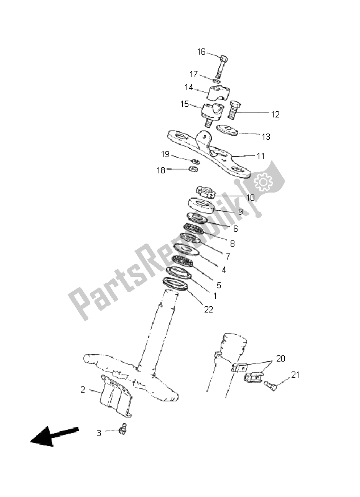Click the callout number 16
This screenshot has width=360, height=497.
click(201, 52)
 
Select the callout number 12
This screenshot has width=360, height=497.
click(275, 114)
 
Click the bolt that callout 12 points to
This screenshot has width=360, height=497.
click(234, 110)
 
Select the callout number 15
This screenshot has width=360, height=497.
click(185, 104)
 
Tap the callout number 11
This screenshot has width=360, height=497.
click(261, 156)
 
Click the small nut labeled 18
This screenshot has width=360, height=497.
click(193, 169)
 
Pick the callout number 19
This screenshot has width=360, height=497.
click(165, 154)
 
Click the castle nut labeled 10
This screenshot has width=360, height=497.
click(206, 192)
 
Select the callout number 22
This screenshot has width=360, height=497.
click(208, 309)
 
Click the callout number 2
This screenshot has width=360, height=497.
click(83, 390)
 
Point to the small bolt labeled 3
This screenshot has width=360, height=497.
click(122, 429)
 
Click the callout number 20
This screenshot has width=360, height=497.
click(280, 358)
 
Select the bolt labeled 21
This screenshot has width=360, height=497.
click(270, 385)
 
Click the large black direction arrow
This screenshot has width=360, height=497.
click(54, 436)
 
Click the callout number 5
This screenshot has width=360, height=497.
click(218, 285)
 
